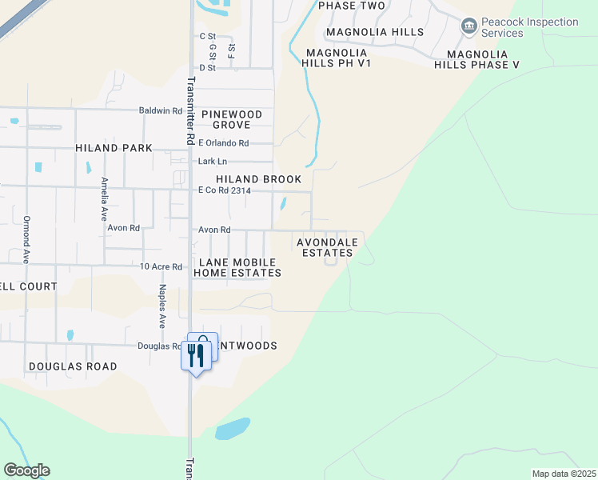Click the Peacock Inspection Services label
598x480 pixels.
click(x=530, y=27)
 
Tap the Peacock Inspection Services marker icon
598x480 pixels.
click(x=469, y=27)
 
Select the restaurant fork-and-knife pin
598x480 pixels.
click(x=195, y=354)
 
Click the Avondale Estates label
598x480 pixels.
click(x=326, y=247)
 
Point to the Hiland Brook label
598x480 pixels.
click(x=258, y=179)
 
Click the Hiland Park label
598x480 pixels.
click(x=114, y=148)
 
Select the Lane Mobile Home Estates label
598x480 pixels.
click(x=237, y=267)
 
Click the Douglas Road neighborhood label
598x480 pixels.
click(x=73, y=366)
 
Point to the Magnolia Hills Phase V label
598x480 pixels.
click(x=476, y=59)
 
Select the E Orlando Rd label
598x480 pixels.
click(x=223, y=143)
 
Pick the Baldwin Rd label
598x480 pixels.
click(x=161, y=110)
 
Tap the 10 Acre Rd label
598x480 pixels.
click(x=161, y=266)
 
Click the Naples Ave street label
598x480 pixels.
click(x=161, y=306)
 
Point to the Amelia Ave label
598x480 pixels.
click(x=104, y=200)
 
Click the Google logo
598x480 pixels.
click(x=26, y=470)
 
